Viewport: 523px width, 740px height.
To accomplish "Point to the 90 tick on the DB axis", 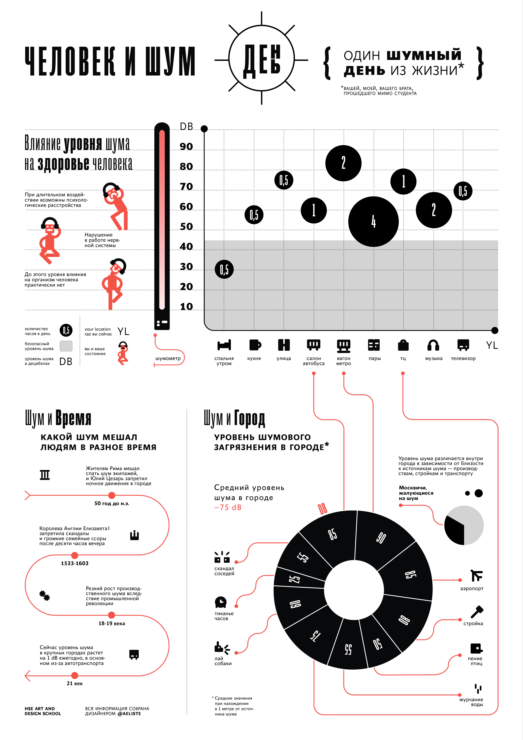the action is tap(186, 147).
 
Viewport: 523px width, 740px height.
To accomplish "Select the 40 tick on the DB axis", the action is tap(186, 247).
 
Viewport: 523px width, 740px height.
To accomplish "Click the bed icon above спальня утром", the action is tap(224, 345).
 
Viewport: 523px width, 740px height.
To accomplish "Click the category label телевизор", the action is tap(463, 358).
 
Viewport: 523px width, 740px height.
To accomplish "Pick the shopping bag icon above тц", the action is tap(403, 345).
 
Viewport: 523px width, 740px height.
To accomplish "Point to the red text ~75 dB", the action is tap(228, 508).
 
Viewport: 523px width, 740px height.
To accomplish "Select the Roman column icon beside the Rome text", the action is tap(45, 475).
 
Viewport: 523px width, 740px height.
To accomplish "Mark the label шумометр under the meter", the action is tap(168, 358).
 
